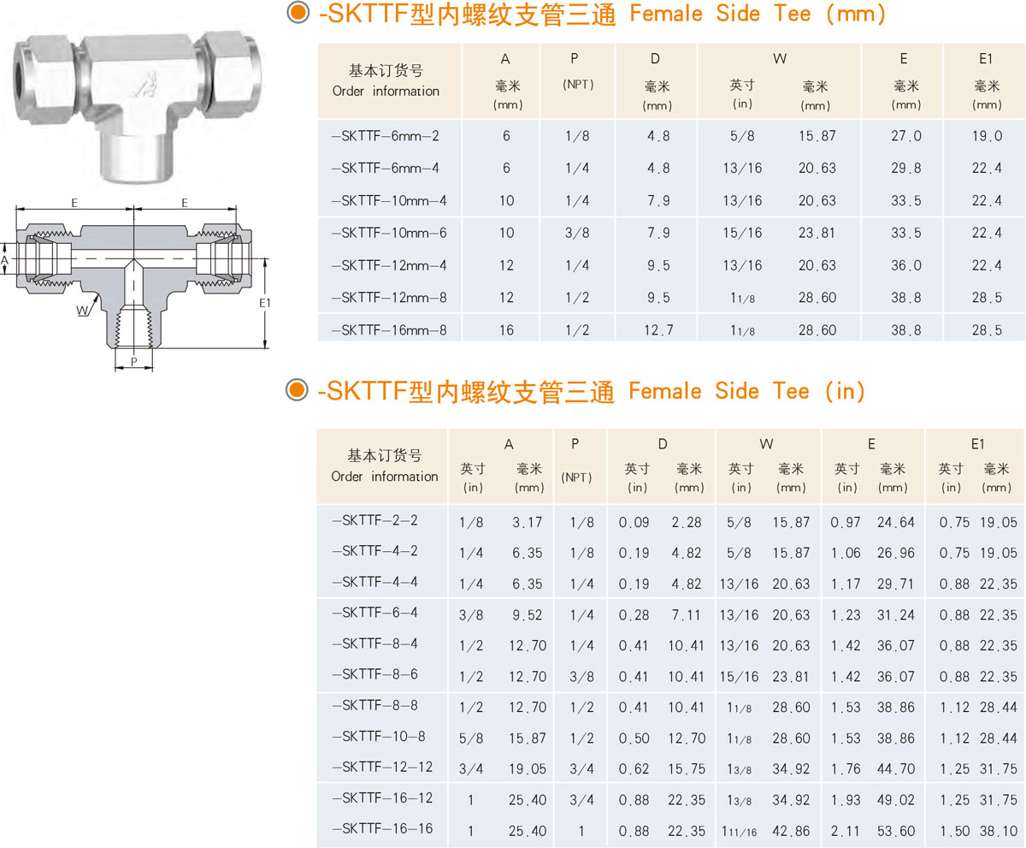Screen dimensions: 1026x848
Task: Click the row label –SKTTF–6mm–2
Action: coord(386,136)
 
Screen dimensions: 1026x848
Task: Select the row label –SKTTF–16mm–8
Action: coord(389,330)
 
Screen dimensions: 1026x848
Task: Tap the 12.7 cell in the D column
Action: coord(658,330)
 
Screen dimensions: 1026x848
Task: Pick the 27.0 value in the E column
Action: coord(906,136)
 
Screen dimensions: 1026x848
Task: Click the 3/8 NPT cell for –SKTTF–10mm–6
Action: coord(577,233)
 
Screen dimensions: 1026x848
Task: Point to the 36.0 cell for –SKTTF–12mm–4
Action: coord(906,265)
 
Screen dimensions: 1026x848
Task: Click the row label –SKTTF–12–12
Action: coord(382,767)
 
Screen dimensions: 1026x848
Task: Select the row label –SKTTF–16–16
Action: coord(382,829)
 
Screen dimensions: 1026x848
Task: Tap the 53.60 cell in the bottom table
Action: coord(896,831)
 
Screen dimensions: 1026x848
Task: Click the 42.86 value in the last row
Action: coord(791,831)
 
